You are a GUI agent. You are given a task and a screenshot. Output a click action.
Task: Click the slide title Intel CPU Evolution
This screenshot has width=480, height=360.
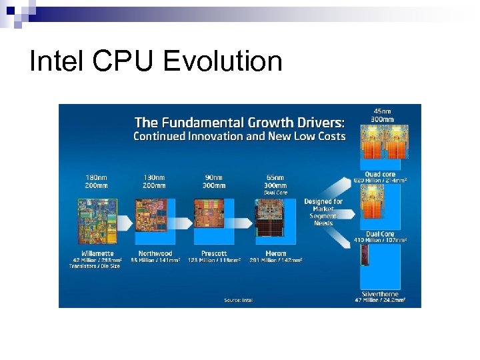[x=156, y=61]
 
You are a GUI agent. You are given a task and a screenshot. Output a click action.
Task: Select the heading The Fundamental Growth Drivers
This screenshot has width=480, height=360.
[x=240, y=122]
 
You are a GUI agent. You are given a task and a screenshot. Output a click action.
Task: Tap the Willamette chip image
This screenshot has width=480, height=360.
[x=98, y=220]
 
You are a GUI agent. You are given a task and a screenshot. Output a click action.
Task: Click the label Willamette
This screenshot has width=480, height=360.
[x=98, y=253]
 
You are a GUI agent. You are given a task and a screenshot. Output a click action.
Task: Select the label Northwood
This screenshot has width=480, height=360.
[x=155, y=253]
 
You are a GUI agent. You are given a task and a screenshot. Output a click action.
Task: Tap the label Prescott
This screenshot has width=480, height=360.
[x=213, y=253]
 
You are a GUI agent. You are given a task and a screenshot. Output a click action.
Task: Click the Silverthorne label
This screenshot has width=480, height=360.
[x=381, y=293]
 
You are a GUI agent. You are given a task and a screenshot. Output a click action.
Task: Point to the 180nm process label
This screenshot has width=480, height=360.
[x=98, y=177]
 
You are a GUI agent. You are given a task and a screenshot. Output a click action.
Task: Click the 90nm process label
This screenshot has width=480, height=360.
[x=213, y=177]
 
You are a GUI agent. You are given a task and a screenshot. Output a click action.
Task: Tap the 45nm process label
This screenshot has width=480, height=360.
[x=382, y=111]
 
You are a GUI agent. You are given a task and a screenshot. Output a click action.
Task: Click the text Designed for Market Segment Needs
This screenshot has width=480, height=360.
[x=323, y=212]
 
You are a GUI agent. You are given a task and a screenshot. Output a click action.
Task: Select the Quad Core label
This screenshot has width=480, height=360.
[x=380, y=175]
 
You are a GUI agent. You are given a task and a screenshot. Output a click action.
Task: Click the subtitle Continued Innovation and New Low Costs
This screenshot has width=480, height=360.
[x=239, y=137]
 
